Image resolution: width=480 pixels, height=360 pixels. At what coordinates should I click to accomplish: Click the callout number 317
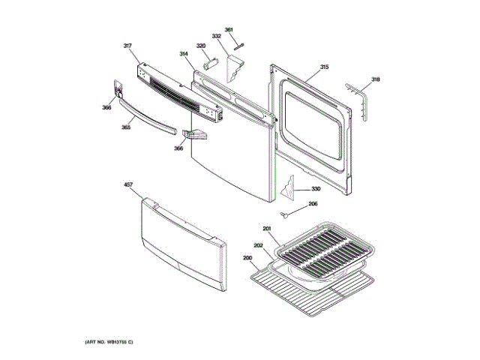(x=127, y=46)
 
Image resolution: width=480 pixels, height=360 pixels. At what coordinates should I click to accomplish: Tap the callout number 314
(x=184, y=54)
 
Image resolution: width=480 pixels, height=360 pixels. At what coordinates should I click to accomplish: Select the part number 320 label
(x=201, y=46)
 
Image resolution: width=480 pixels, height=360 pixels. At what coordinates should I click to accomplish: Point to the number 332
(x=216, y=37)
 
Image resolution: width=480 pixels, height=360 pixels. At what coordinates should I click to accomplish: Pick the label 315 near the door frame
(x=324, y=67)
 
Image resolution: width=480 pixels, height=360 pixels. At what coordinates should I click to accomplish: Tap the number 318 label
(x=376, y=79)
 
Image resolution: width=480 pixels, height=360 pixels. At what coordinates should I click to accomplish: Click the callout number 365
(x=126, y=127)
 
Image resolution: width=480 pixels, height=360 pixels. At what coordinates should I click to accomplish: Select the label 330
(x=316, y=188)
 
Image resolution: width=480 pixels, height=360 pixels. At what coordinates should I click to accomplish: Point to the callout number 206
(x=313, y=204)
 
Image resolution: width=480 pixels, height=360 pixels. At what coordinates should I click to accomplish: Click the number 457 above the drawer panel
(x=127, y=184)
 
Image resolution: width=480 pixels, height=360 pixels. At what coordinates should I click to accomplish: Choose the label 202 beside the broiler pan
(x=257, y=245)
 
